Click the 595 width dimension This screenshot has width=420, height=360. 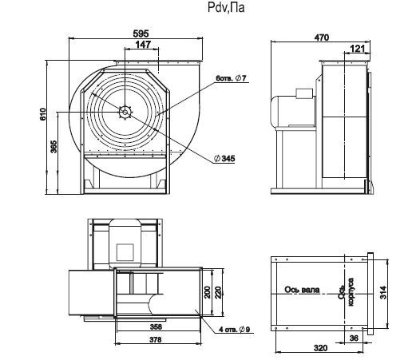coord(141,34)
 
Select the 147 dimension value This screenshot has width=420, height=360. coord(143,45)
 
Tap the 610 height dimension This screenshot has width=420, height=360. coord(43,114)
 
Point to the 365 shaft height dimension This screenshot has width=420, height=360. coord(53,147)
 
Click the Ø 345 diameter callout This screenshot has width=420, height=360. coord(224,159)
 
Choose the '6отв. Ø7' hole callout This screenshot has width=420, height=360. coord(231,78)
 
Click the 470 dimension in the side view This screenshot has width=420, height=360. coord(322,38)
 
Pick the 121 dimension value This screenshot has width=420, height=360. coord(358,49)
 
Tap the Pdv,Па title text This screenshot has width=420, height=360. coord(226,7)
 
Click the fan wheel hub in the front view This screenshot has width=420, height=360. coord(125,112)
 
